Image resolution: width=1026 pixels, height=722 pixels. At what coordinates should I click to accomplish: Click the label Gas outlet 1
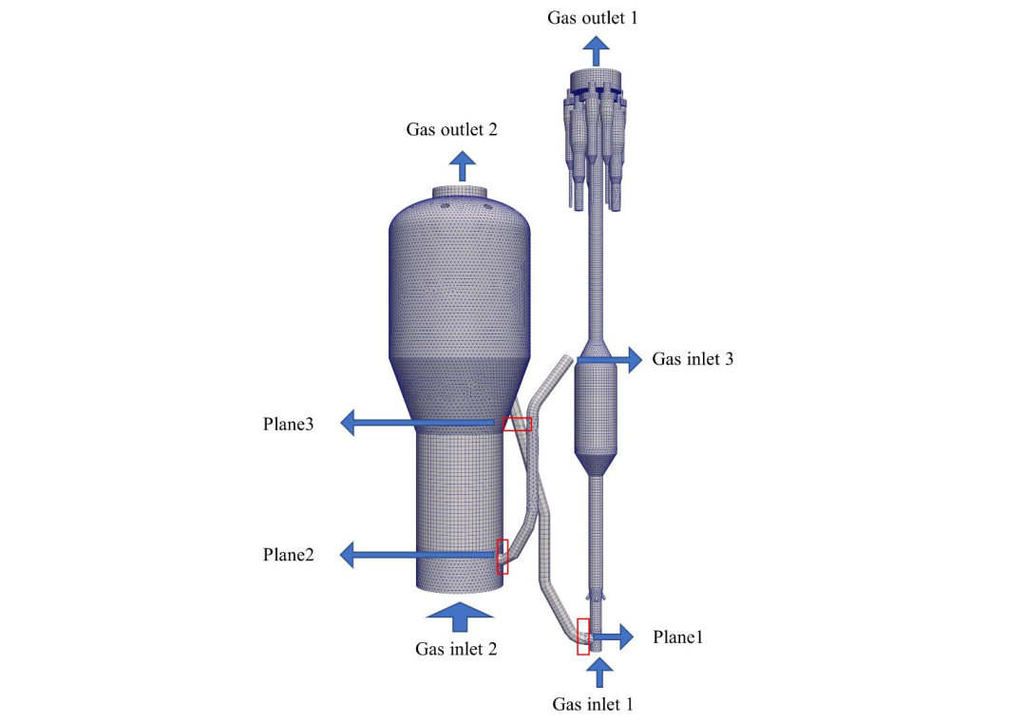click(593, 17)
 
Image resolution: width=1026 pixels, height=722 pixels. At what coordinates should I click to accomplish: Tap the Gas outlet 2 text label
click(451, 129)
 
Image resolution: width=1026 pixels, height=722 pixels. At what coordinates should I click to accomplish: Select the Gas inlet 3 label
click(692, 359)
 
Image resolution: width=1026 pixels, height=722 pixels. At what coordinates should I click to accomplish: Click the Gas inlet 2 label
click(456, 650)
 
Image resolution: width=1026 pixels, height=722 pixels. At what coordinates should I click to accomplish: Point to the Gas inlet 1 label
click(593, 704)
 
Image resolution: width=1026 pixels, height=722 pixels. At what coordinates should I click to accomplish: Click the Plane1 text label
click(677, 636)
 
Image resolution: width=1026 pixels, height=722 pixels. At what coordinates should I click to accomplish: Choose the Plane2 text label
click(288, 554)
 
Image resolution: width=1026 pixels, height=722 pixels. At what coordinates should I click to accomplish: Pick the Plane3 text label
click(288, 424)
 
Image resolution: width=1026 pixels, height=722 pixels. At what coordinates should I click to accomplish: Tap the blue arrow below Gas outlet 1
click(597, 50)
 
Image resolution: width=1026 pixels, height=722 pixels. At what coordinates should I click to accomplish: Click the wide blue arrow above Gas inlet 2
click(460, 616)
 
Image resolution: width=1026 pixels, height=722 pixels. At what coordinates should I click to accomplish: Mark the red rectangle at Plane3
click(517, 424)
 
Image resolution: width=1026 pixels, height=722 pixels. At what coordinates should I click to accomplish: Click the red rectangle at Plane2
click(503, 556)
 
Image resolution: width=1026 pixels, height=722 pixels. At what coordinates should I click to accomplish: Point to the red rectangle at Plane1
click(583, 636)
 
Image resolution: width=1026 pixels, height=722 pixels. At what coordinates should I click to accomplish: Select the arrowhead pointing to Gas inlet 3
click(631, 359)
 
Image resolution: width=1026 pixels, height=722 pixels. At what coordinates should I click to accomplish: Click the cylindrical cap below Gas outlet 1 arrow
click(595, 80)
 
